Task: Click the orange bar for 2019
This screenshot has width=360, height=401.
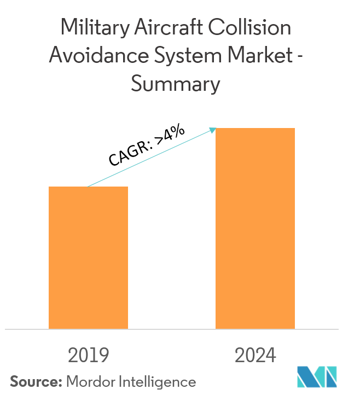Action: tap(88, 257)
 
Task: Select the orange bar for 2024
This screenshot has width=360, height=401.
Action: tap(255, 228)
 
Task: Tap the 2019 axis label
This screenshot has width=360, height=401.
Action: tap(88, 356)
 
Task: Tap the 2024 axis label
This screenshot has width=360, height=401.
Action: tap(255, 356)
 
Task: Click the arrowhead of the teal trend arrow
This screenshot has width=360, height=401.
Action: tap(213, 130)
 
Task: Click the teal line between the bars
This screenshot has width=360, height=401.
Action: tap(150, 159)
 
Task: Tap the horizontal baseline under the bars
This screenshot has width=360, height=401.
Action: tap(172, 329)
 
